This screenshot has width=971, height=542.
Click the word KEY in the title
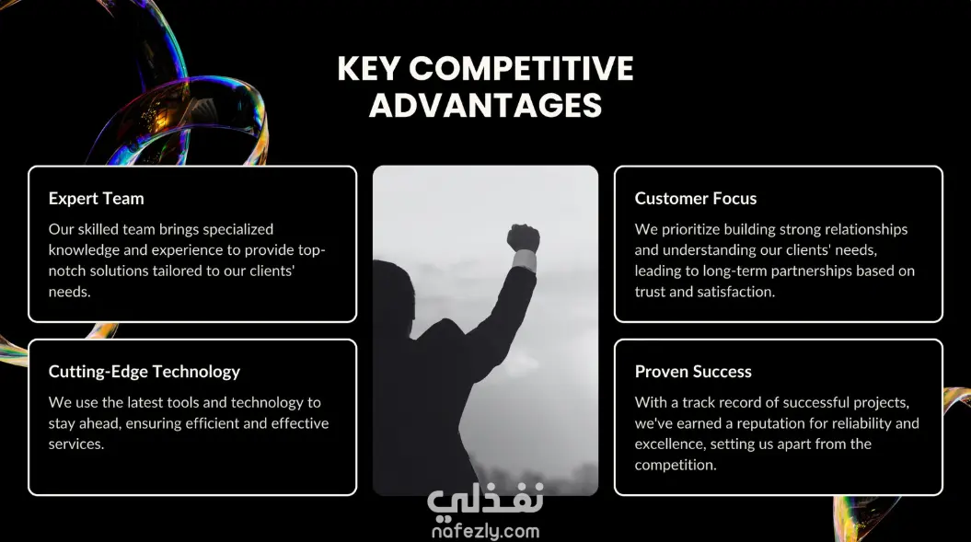[368, 68]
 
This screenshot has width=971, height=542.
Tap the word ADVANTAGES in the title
[486, 105]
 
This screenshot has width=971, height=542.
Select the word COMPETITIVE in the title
[521, 68]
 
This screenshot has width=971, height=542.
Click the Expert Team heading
[96, 199]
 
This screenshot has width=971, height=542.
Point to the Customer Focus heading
[696, 199]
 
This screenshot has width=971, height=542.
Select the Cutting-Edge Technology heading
[144, 372]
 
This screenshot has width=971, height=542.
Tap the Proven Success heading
[693, 372]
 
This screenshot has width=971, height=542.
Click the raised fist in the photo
[524, 237]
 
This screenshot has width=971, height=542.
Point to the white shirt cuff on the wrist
[526, 260]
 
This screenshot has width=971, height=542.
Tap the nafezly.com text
[486, 531]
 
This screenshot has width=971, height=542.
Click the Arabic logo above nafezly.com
[486, 500]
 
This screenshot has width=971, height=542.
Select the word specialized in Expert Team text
[237, 230]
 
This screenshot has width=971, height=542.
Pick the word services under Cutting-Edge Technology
[76, 444]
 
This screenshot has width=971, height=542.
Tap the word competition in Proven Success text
[676, 466]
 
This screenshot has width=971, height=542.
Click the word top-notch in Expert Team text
[187, 260]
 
